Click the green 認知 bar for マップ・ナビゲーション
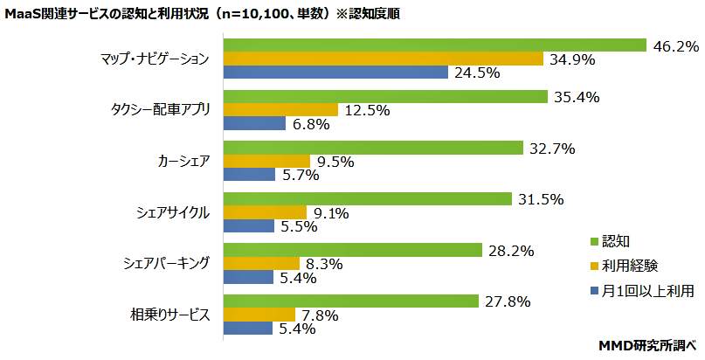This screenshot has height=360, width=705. click(x=435, y=45)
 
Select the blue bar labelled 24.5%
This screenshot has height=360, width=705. click(x=336, y=73)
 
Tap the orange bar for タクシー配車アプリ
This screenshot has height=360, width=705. click(x=281, y=110)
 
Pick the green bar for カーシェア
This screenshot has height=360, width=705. click(x=374, y=148)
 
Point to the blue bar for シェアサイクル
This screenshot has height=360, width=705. click(x=252, y=226)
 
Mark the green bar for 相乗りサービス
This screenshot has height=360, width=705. click(x=352, y=301)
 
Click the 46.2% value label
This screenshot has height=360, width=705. click(x=675, y=45)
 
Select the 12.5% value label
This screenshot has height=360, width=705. click(x=367, y=111)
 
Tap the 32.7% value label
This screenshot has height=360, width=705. click(x=551, y=149)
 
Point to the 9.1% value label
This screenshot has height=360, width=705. click(x=332, y=212)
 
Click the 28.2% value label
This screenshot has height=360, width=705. click(x=511, y=251)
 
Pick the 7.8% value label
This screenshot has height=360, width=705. click(x=321, y=315)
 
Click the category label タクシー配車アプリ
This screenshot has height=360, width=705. click(x=161, y=110)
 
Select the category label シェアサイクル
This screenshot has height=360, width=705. click(x=171, y=212)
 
